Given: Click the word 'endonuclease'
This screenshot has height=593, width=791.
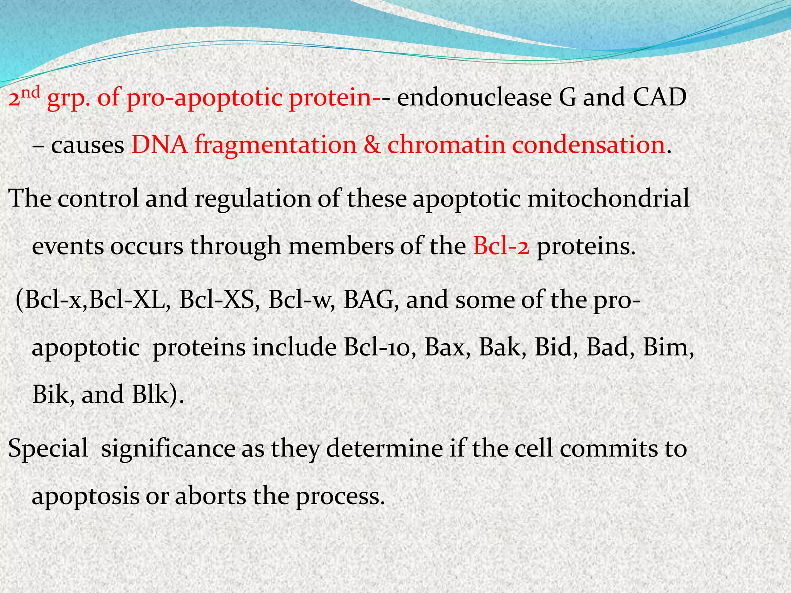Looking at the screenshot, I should (x=474, y=98).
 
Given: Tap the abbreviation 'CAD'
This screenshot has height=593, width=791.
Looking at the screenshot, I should (x=660, y=97).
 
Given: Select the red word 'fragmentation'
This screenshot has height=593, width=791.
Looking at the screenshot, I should (x=275, y=146).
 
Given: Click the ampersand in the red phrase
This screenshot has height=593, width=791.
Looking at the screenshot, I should (x=372, y=146).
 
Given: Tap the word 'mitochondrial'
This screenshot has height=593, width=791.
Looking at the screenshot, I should (x=609, y=199).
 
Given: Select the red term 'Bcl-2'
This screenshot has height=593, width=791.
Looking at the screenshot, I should (x=501, y=247).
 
